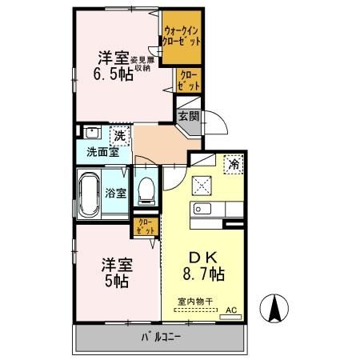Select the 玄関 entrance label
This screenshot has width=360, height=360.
pos(188,115)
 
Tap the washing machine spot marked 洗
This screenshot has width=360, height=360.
pos(119,135)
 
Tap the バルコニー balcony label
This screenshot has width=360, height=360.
pos(160,338)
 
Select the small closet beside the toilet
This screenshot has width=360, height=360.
pos(146,226)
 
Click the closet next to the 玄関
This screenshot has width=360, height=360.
pos(190,79)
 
